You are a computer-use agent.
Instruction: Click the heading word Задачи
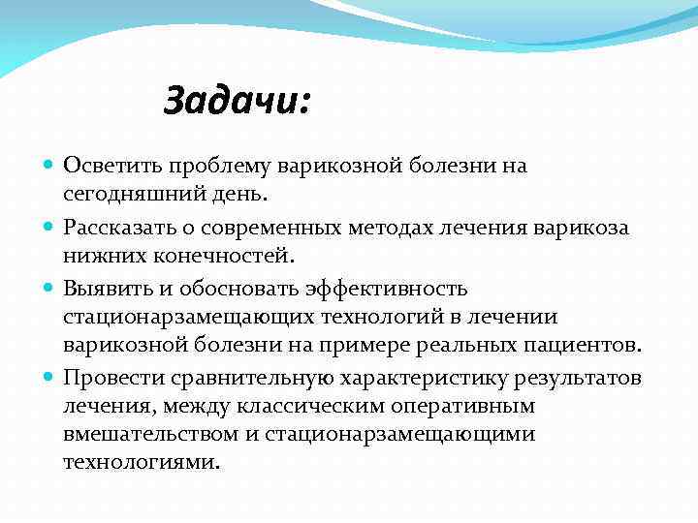[236, 100]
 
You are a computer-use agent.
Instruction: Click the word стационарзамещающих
[185, 317]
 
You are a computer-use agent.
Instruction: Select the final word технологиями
[141, 464]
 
